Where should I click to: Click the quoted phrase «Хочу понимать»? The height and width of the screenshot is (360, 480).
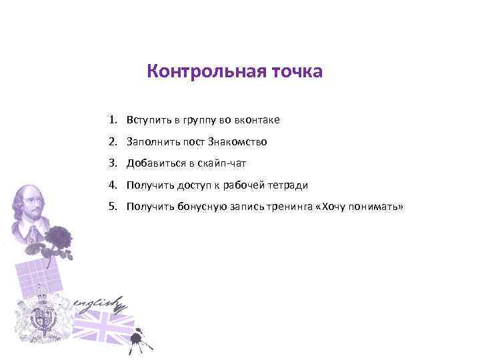pos(361,207)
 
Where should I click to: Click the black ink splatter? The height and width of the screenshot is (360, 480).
pos(139,338)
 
